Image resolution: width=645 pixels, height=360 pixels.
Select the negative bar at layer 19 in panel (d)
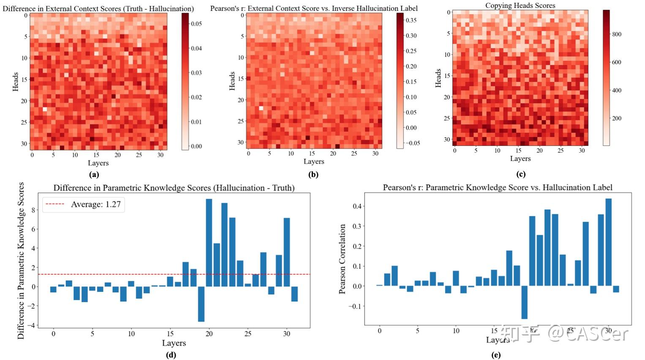click(x=201, y=304)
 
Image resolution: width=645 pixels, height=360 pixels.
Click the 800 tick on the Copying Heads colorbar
click(x=617, y=34)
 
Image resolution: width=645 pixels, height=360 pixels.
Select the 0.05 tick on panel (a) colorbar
click(x=196, y=24)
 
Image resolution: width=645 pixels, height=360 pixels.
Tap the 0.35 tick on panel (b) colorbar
click(x=411, y=20)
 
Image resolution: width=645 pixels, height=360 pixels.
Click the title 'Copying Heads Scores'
click(x=520, y=5)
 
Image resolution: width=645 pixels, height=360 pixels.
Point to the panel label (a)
click(x=94, y=174)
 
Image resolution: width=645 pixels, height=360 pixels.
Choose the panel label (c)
click(x=520, y=174)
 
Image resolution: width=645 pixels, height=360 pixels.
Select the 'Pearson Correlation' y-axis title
click(x=343, y=259)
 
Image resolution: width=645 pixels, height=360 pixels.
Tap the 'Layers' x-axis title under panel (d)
click(x=174, y=343)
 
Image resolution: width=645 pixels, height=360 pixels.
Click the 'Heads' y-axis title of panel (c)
click(x=438, y=78)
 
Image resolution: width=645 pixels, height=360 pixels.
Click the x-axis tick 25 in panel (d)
click(x=248, y=334)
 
